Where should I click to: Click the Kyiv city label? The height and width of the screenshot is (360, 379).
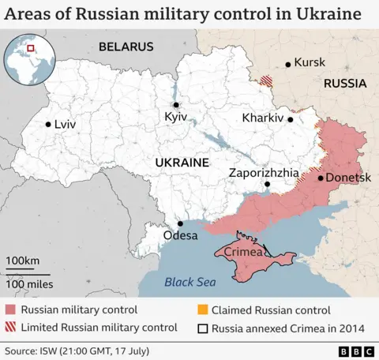pos(175,117)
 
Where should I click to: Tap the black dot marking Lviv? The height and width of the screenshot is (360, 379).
pos(49,124)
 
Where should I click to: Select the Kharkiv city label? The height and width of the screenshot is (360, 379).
pos(264,118)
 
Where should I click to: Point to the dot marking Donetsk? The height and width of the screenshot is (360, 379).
pos(321,178)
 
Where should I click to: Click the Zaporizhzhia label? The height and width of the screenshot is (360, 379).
pos(264,171)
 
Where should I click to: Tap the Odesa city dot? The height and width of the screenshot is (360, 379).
pos(181,223)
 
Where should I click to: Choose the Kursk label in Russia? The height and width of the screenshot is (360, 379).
pos(310,62)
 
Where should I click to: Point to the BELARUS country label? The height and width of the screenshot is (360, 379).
pos(126,47)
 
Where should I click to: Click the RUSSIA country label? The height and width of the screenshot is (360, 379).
pos(344,83)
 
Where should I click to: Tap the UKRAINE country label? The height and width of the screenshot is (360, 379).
pos(182,162)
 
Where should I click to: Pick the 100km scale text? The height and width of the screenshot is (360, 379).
pos(23,261)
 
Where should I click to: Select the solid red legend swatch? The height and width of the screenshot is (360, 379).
pos(10,310)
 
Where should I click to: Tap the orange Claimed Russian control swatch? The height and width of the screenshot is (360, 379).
pos(203,310)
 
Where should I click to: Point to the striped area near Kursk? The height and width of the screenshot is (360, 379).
pos(268,80)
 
